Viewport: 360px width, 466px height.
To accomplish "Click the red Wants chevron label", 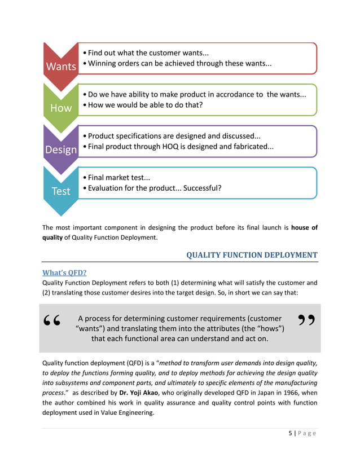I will (x=61, y=67).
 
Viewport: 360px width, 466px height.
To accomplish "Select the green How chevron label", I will (x=61, y=108).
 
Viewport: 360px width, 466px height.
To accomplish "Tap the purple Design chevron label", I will (x=61, y=150).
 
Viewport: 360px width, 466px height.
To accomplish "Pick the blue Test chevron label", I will (x=61, y=191).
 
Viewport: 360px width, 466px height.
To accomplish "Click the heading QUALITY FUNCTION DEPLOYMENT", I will (x=252, y=255).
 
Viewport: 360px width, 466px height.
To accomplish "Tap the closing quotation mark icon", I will (x=306, y=321).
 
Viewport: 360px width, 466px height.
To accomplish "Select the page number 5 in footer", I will (x=289, y=433).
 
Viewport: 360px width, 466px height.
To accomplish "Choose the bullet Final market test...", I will (x=119, y=178).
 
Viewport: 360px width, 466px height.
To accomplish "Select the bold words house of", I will (x=304, y=228).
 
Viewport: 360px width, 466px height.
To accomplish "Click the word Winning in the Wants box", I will (x=103, y=64).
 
